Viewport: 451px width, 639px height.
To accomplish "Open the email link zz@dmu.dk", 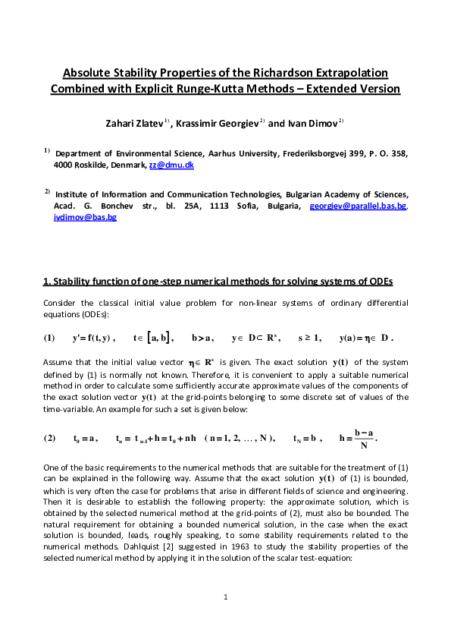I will point(181,164).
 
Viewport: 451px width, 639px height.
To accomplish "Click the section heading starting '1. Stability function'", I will point(218,282).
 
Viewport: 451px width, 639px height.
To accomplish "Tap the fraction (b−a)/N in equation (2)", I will point(363,439).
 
